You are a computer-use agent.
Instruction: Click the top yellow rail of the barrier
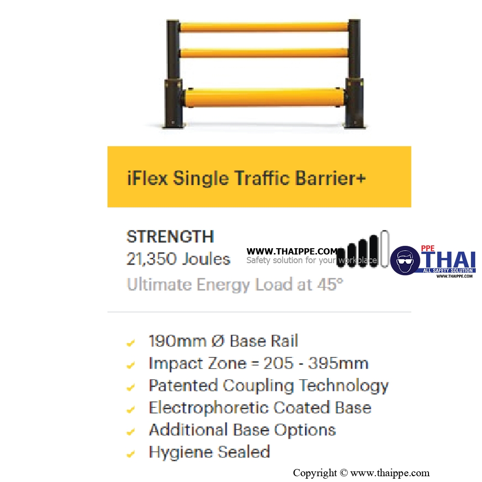coord(264,27)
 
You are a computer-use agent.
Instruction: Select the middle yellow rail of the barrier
coord(264,53)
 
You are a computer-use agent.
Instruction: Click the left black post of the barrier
coord(173,74)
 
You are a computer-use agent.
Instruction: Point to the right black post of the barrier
coord(354,74)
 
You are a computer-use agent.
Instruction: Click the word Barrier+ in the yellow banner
coord(331,178)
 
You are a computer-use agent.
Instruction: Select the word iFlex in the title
coord(147,178)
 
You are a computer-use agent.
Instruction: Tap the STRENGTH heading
coord(170,236)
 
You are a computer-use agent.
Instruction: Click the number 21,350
coord(152,259)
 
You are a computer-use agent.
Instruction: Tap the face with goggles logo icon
coord(405,260)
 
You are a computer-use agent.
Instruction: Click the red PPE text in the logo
coord(428,248)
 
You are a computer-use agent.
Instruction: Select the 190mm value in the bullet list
coord(177,341)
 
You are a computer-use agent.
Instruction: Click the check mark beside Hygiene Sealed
coord(131,454)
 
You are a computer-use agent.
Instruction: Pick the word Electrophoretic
coord(209,408)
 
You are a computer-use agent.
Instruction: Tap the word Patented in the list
coord(183,385)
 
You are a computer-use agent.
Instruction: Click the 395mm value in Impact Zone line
coord(338,363)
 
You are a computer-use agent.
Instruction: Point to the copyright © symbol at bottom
coord(344,473)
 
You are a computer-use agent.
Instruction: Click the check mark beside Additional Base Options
coord(131,431)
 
